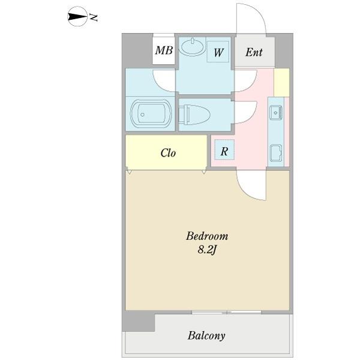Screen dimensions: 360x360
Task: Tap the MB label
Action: (164, 50)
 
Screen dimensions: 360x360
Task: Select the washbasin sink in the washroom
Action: (193, 47)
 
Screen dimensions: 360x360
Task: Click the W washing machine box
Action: (218, 52)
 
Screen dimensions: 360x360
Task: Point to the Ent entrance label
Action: (254, 52)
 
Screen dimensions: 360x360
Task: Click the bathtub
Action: (151, 113)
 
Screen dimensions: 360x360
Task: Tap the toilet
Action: (194, 115)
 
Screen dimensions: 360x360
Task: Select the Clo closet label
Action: (168, 153)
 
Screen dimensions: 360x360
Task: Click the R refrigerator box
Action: (224, 149)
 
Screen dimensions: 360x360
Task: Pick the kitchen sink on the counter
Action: (275, 112)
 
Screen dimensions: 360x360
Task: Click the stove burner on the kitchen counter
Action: (276, 152)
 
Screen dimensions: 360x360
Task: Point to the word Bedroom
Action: (207, 236)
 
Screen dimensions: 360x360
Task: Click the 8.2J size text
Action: (207, 250)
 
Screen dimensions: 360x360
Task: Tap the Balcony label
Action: (206, 336)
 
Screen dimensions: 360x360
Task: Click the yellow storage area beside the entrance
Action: (281, 82)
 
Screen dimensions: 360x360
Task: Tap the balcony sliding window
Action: (227, 312)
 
